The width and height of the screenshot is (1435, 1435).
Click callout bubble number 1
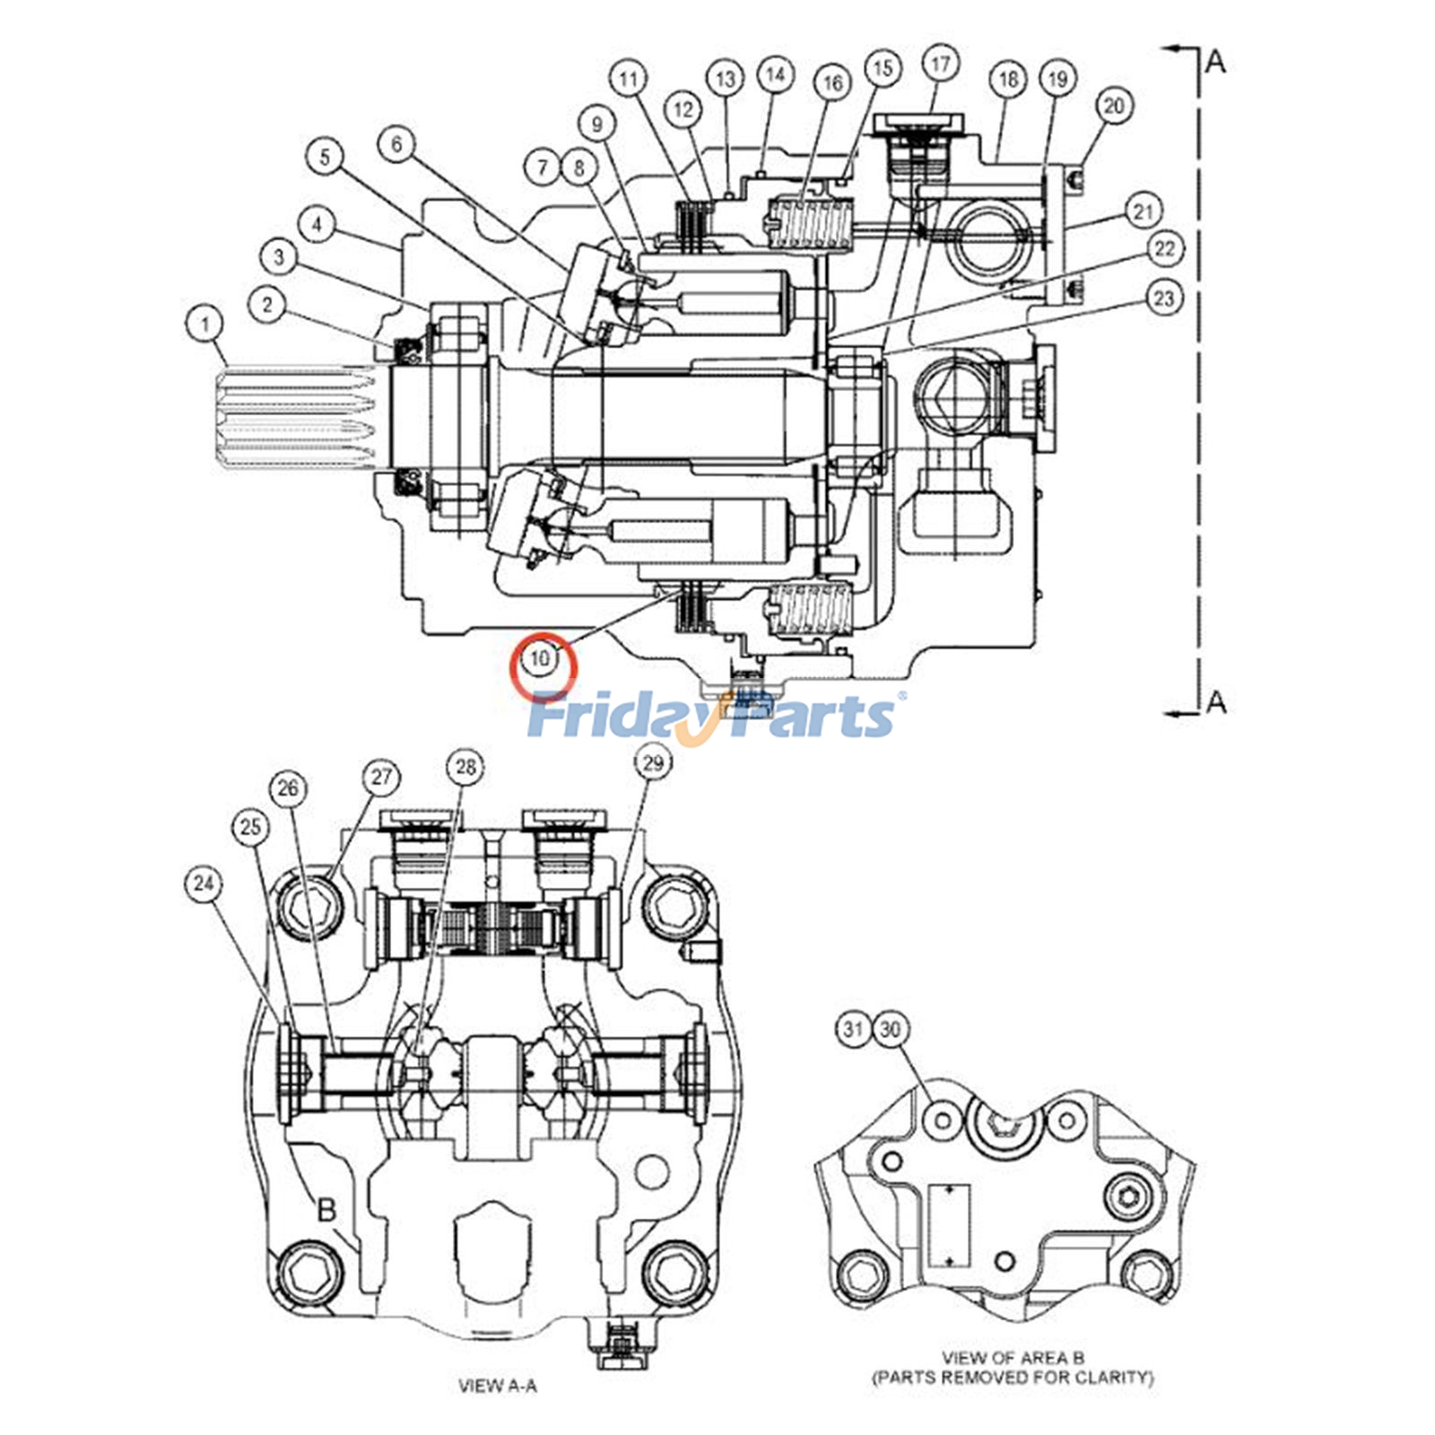pyautogui.click(x=206, y=323)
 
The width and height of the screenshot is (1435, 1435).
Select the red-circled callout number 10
pyautogui.click(x=541, y=659)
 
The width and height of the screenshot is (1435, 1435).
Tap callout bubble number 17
pyautogui.click(x=940, y=65)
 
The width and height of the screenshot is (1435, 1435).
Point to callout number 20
pyautogui.click(x=1114, y=106)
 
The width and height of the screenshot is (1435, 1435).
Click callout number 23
pyautogui.click(x=1163, y=298)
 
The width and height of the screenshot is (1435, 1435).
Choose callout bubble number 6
pyautogui.click(x=397, y=143)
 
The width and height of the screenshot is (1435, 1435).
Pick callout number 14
pyautogui.click(x=775, y=74)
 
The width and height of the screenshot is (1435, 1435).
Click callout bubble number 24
pyautogui.click(x=204, y=884)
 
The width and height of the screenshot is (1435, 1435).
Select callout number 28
pyautogui.click(x=465, y=767)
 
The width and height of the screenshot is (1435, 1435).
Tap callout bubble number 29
pyautogui.click(x=653, y=763)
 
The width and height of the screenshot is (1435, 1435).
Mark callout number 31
pyautogui.click(x=853, y=1029)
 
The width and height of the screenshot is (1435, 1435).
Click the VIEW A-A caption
pyautogui.click(x=498, y=1386)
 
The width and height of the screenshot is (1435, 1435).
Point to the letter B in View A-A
pyautogui.click(x=327, y=1210)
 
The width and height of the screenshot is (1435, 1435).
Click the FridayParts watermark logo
pyautogui.click(x=713, y=715)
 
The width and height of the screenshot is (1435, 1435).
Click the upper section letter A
pyautogui.click(x=1215, y=61)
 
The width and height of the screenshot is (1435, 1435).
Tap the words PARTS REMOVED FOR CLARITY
pyautogui.click(x=1013, y=1377)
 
